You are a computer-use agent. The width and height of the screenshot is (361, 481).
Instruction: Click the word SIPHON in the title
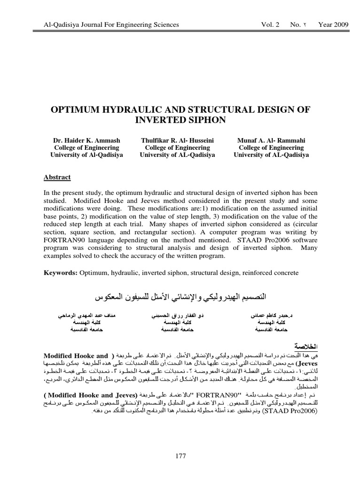click(204, 120)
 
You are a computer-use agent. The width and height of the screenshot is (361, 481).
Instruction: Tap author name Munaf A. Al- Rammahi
click(271, 140)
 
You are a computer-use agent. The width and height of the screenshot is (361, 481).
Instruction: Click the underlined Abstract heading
click(57, 177)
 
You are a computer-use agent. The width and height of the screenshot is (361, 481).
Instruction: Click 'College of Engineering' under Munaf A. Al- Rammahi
click(271, 147)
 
